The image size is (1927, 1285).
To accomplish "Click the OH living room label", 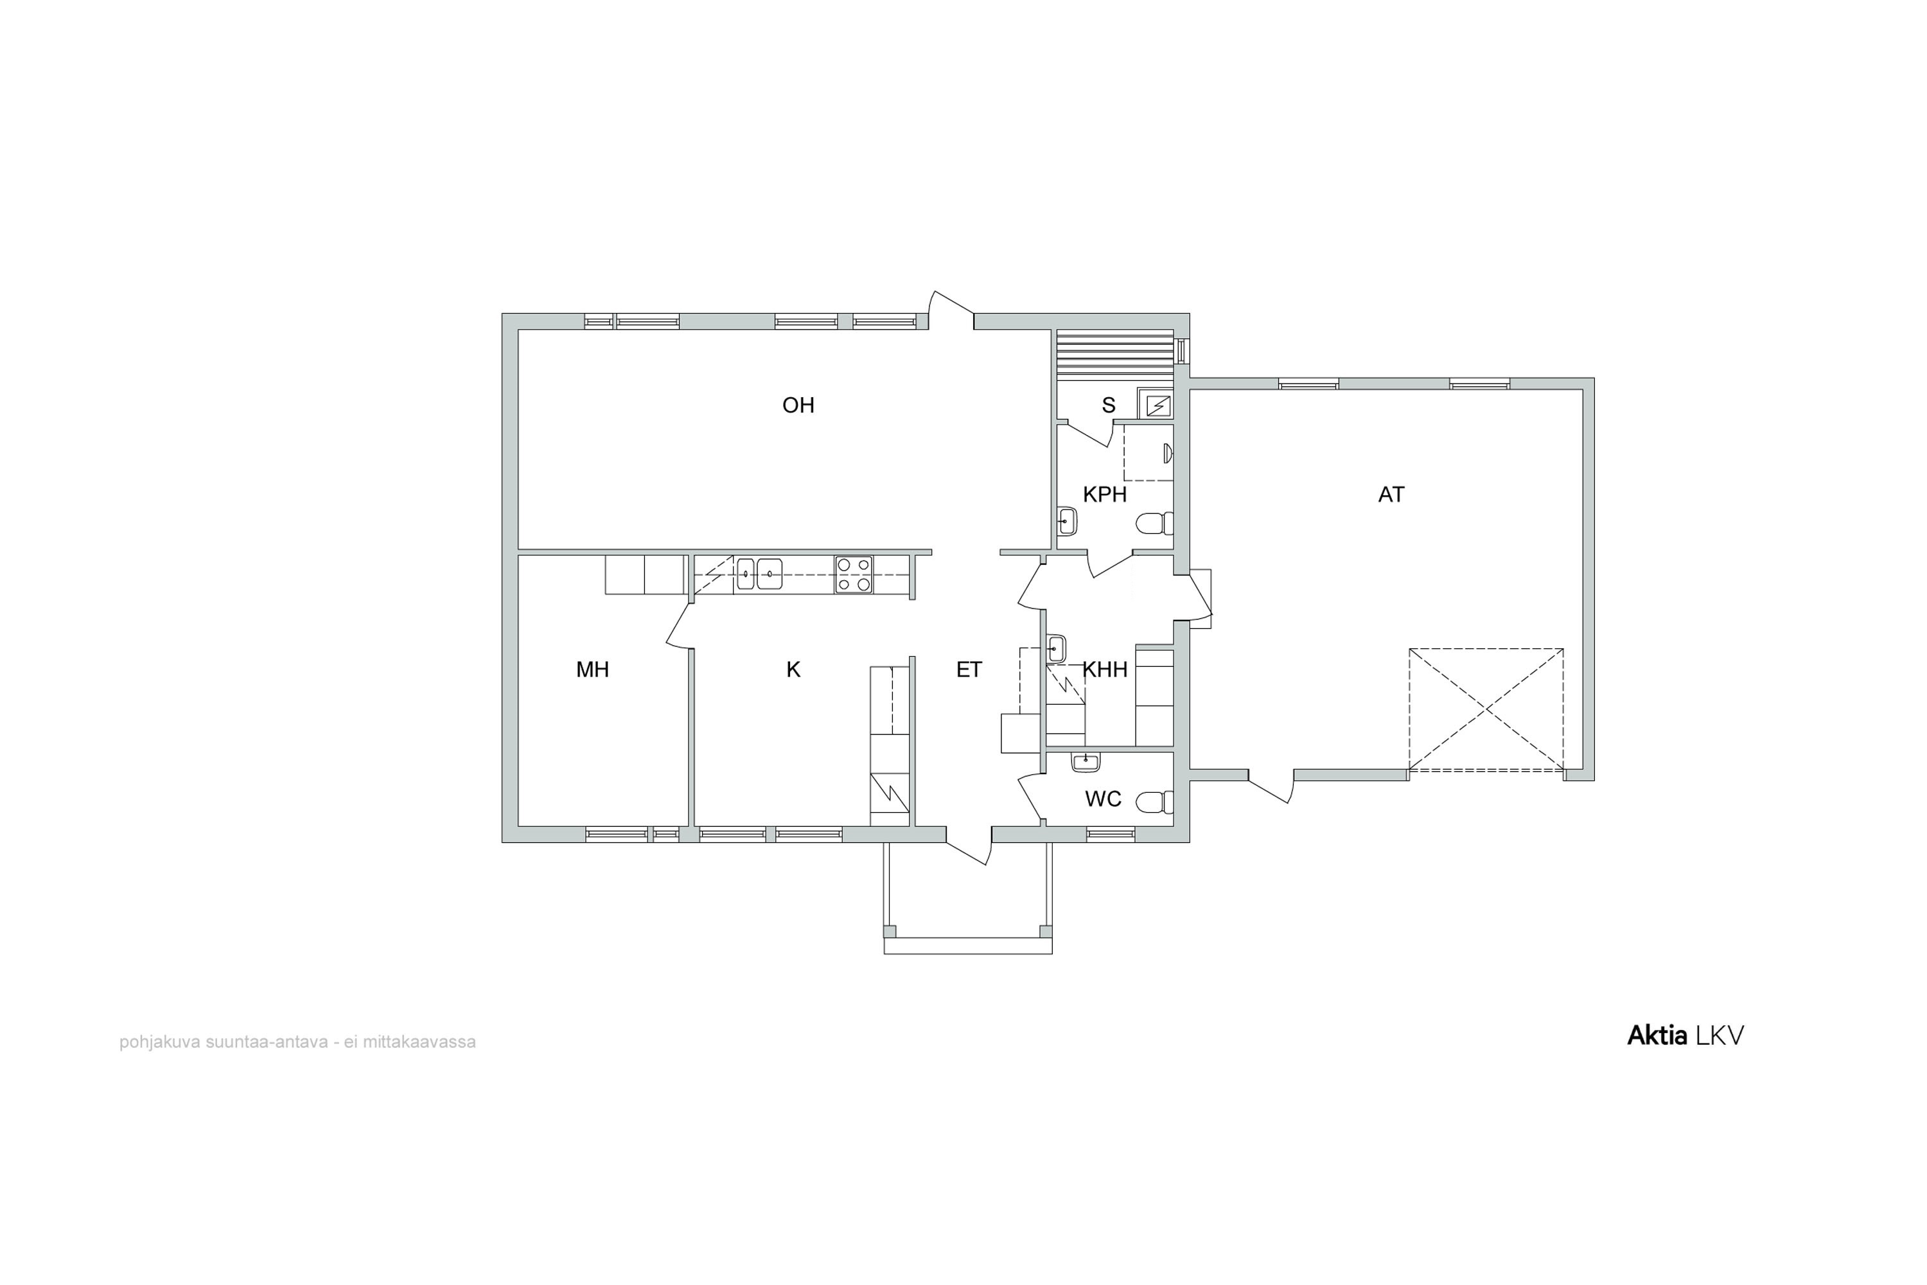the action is point(798,405).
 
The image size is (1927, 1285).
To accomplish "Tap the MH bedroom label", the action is point(592,669).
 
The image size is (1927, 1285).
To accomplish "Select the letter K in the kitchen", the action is point(793,669).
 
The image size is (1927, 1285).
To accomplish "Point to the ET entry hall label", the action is point(969,669).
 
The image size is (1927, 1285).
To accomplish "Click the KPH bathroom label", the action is point(1104,494).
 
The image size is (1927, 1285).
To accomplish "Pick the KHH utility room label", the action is point(1105,669).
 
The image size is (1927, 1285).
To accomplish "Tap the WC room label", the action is point(1103,799).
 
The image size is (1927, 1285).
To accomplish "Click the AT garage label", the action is point(1391,494).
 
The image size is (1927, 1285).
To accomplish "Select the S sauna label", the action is point(1109,405).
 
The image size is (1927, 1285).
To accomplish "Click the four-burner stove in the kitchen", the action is point(853,574).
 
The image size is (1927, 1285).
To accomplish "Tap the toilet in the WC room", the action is point(1154,801).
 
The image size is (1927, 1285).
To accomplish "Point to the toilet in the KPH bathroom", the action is point(1155,523).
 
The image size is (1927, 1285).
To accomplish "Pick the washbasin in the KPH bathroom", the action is point(1067,520).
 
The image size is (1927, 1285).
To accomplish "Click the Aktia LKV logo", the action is point(1685,1035).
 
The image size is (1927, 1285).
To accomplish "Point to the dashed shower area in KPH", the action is point(1147,452).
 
